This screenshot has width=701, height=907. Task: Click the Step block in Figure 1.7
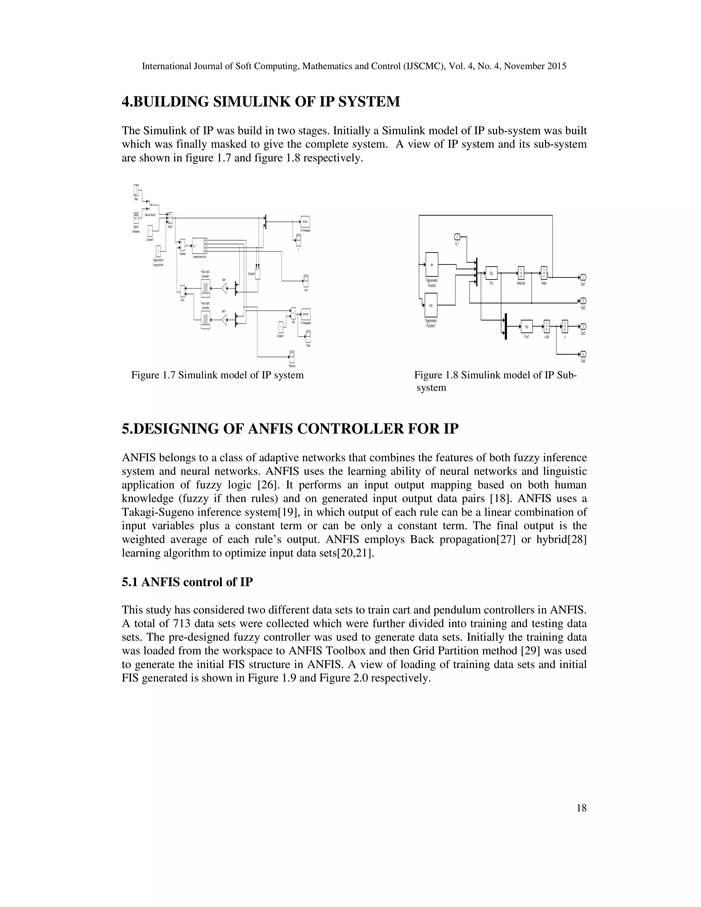(136, 190)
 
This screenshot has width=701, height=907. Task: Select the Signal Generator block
(136, 218)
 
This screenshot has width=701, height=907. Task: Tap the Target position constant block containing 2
(158, 251)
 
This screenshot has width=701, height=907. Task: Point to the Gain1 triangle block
(224, 320)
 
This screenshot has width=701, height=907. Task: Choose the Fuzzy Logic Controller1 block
(205, 288)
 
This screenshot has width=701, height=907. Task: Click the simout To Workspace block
(305, 222)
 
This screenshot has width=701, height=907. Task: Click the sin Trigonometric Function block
(432, 265)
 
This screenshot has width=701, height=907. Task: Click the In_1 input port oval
(457, 237)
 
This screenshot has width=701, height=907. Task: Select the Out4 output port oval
(583, 354)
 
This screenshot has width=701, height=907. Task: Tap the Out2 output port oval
(583, 301)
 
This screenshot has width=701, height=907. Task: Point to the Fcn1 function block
(526, 327)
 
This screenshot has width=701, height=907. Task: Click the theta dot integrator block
(521, 273)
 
